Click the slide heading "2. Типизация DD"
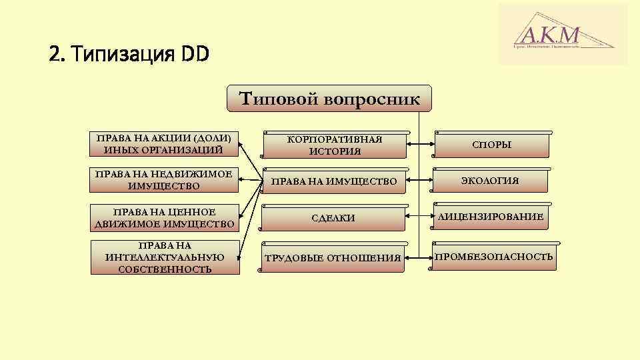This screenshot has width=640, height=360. click(x=129, y=53)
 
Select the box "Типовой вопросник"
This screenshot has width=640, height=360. click(x=329, y=99)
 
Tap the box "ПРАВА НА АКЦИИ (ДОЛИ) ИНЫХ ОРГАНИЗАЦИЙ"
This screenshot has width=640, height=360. click(x=164, y=144)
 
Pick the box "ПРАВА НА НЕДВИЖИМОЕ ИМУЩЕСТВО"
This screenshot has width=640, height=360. click(x=164, y=180)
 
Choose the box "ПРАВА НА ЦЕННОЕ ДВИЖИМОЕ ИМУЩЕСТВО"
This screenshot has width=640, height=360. click(x=164, y=217)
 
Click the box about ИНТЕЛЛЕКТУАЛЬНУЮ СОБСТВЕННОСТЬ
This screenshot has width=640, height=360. click(x=164, y=257)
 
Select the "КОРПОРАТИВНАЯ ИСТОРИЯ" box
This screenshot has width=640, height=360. click(x=335, y=145)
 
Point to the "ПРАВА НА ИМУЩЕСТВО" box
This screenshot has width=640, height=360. click(x=335, y=181)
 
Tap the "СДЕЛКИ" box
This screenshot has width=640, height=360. click(x=335, y=218)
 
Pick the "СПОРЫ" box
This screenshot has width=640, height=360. click(x=492, y=144)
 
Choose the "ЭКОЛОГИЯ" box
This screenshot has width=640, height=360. click(x=492, y=181)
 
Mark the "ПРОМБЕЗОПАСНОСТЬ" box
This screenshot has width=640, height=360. click(x=493, y=257)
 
